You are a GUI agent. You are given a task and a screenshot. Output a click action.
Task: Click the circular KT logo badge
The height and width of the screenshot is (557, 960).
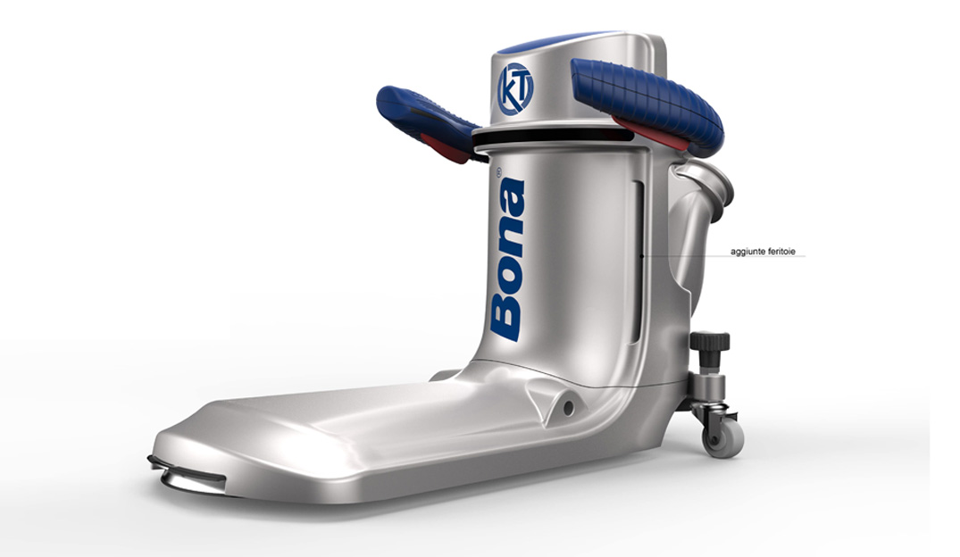pyautogui.click(x=515, y=88)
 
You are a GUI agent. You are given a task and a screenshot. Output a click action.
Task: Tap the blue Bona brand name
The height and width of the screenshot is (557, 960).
pyautogui.click(x=507, y=258)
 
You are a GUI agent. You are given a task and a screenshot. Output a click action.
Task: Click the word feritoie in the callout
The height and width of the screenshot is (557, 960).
pyautogui.click(x=781, y=251)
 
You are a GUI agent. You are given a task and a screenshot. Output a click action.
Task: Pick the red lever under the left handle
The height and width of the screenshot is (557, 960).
pyautogui.click(x=450, y=149)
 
